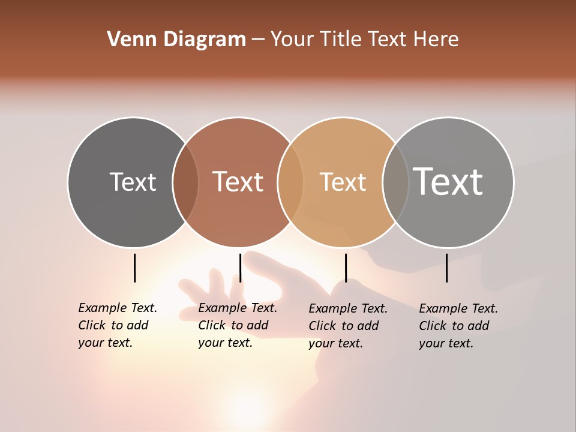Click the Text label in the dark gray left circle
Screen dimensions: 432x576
click(x=133, y=182)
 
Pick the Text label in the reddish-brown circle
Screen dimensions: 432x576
click(x=238, y=182)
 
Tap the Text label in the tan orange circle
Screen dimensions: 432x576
click(x=343, y=182)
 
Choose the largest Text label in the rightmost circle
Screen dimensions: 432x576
click(x=448, y=181)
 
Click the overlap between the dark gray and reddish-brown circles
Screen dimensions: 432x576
click(x=185, y=182)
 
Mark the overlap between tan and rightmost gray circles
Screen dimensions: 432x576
click(x=395, y=182)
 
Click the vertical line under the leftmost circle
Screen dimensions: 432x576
click(x=134, y=268)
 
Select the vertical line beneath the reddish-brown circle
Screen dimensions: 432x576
click(x=240, y=268)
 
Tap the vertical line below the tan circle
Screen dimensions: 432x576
click(x=346, y=268)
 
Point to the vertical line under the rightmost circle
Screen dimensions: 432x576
click(x=446, y=268)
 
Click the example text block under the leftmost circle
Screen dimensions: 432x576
click(x=117, y=325)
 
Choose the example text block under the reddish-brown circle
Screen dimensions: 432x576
click(x=237, y=325)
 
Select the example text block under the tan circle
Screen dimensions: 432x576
click(x=347, y=326)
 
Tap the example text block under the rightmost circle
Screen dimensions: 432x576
click(x=458, y=326)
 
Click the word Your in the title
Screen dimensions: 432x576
click(x=291, y=40)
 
